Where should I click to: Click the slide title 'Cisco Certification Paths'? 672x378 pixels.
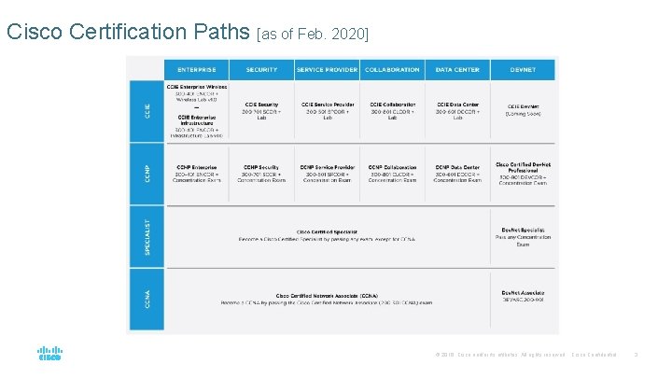(x=128, y=31)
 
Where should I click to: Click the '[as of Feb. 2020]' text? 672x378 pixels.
(x=313, y=35)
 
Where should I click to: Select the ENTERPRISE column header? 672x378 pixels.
(x=196, y=69)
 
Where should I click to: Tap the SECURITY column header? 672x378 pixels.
(x=261, y=69)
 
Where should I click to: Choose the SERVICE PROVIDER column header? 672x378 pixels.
(x=327, y=69)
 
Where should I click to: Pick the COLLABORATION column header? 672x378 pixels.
(x=392, y=69)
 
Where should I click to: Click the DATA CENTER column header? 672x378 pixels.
(x=457, y=69)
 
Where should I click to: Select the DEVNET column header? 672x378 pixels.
(x=523, y=69)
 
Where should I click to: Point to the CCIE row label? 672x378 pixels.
(x=147, y=110)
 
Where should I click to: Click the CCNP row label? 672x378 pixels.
(x=147, y=174)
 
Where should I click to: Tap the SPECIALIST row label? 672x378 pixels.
(x=147, y=237)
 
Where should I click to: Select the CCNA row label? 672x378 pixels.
(x=147, y=300)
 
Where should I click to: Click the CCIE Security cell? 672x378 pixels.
(x=262, y=110)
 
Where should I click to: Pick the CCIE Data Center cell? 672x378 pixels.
(x=457, y=110)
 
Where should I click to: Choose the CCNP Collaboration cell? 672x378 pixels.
(x=392, y=174)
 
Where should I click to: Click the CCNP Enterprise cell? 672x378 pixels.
(x=196, y=174)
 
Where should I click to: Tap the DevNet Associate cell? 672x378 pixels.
(x=523, y=299)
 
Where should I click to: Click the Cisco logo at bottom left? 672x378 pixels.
(x=49, y=354)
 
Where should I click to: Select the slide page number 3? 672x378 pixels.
(x=635, y=355)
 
